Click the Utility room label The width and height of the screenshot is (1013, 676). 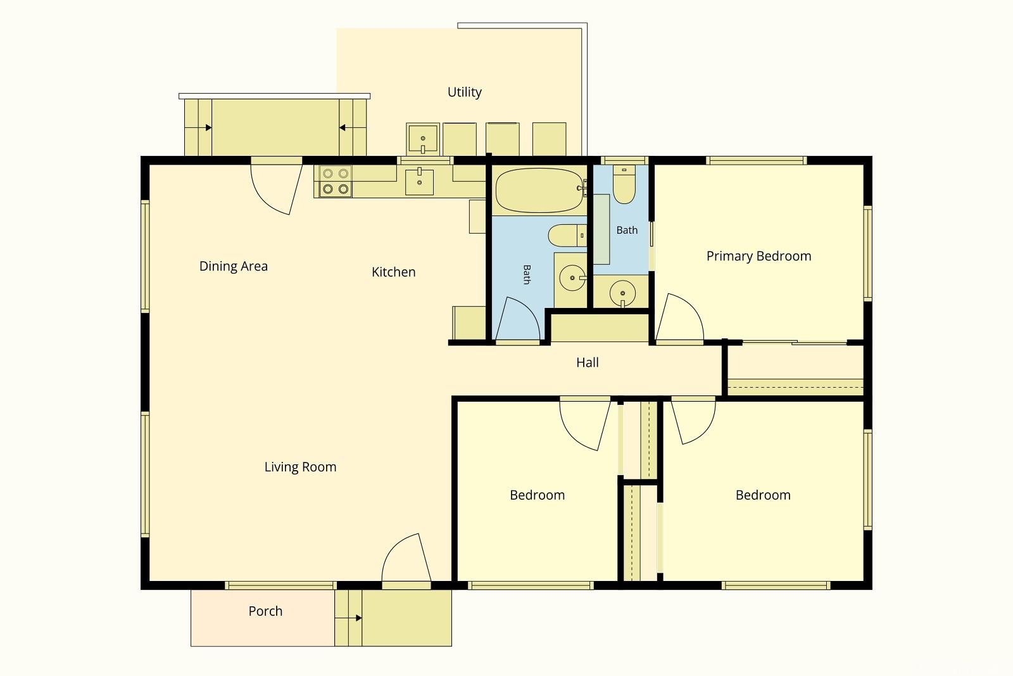click(x=465, y=92)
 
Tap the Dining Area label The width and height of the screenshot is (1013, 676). click(x=234, y=266)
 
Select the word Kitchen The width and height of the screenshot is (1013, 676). click(x=393, y=272)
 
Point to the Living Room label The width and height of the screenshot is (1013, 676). click(x=300, y=467)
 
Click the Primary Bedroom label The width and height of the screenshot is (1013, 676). click(x=759, y=256)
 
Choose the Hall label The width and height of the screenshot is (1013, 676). click(x=588, y=362)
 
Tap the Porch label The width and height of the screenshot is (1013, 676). click(x=265, y=611)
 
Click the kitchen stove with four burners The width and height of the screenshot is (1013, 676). click(x=336, y=181)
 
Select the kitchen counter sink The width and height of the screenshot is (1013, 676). click(x=419, y=182)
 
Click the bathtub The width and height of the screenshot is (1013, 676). click(x=539, y=190)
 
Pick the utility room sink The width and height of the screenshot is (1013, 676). click(x=423, y=139)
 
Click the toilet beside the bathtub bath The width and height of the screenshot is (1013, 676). click(x=567, y=235)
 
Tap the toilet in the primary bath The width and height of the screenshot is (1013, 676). click(x=624, y=184)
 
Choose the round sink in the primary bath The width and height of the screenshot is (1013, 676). click(x=622, y=293)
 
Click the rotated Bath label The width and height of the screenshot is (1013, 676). click(x=527, y=275)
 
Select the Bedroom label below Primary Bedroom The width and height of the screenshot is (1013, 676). click(x=763, y=495)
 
